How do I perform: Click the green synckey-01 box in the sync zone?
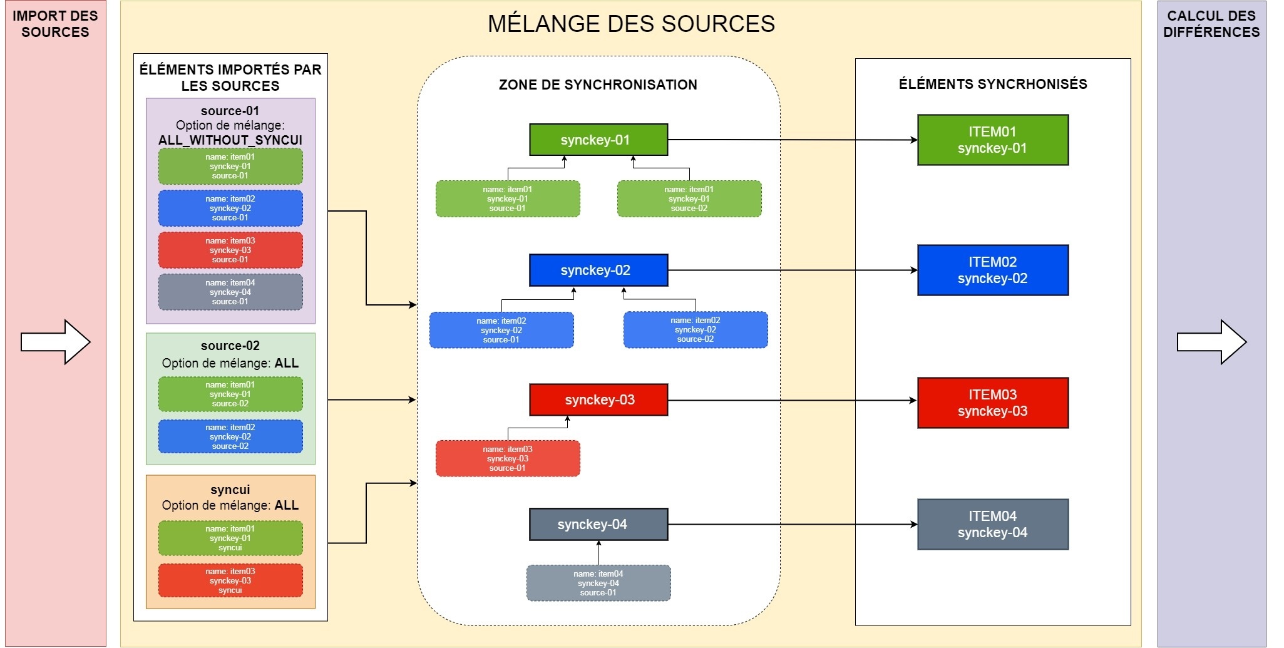[598, 140]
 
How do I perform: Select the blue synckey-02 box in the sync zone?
[598, 270]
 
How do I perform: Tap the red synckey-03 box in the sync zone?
[598, 399]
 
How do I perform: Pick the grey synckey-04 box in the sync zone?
[598, 524]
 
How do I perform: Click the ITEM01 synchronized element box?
[992, 140]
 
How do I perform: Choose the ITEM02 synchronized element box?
[992, 270]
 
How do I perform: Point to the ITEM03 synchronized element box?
[992, 403]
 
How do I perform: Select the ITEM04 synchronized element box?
[992, 524]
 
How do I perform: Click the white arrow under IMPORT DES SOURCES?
[56, 342]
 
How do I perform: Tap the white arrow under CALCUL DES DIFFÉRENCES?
[1211, 342]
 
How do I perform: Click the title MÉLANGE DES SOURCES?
[631, 24]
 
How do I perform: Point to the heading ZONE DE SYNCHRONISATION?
[598, 85]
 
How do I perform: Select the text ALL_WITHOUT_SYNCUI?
[230, 140]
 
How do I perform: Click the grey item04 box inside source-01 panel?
[230, 292]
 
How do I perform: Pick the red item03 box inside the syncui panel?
[230, 580]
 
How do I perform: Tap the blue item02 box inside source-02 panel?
[230, 436]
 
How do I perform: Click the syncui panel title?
[230, 490]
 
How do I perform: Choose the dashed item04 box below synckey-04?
[598, 583]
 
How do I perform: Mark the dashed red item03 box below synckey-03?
[508, 458]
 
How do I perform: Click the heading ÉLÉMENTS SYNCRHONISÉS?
[993, 84]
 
